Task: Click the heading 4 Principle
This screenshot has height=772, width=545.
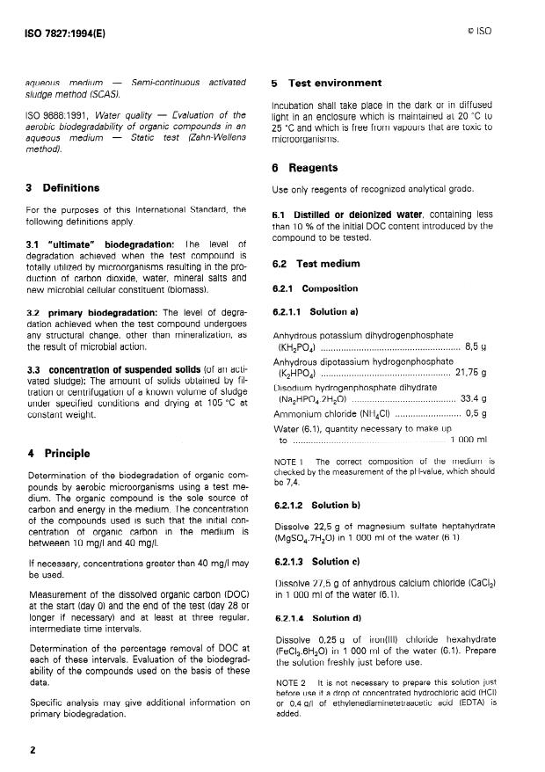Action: (x=59, y=454)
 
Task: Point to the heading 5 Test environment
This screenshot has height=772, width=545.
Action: (x=325, y=84)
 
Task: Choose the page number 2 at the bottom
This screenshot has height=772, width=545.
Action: (x=31, y=751)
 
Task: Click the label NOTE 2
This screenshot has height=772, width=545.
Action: (x=290, y=681)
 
